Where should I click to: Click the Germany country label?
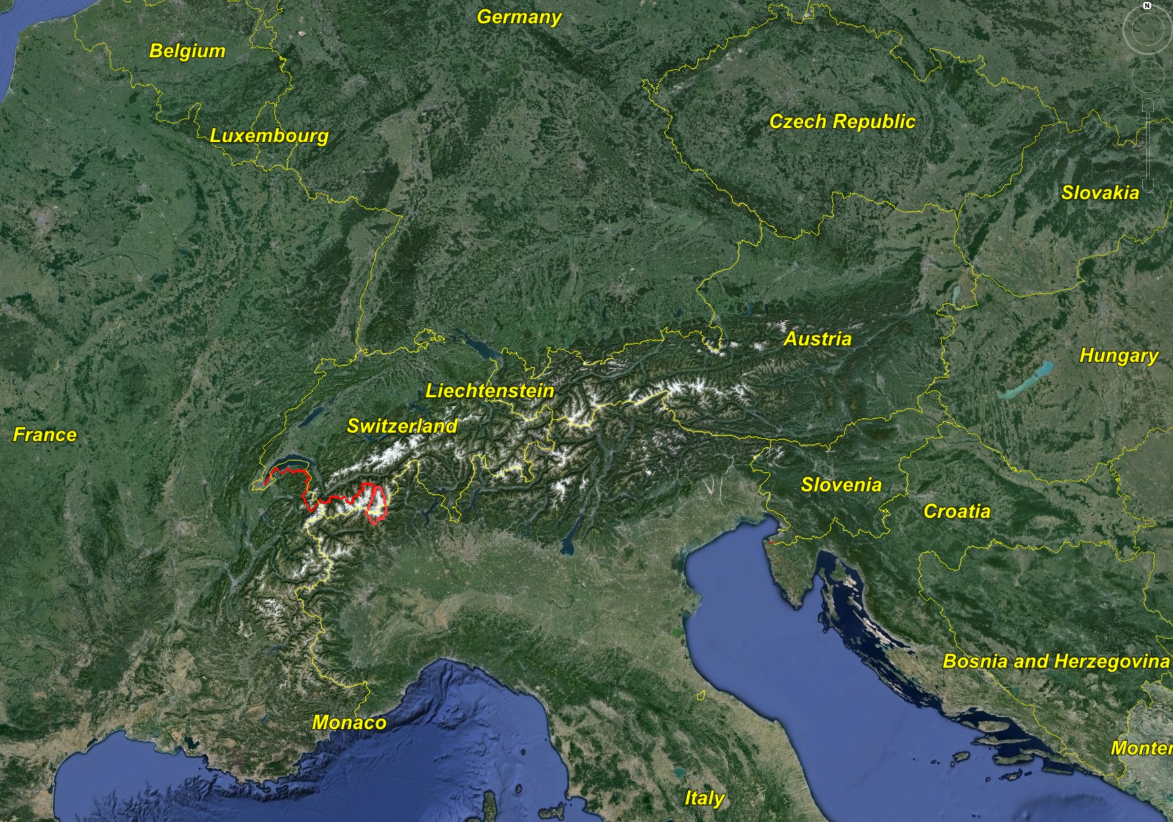click(519, 16)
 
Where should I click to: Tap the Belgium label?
click(187, 50)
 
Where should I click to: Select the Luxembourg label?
click(269, 136)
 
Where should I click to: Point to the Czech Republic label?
click(842, 121)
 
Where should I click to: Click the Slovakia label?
click(1100, 193)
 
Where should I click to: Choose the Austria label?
click(817, 339)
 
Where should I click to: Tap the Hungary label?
click(1119, 355)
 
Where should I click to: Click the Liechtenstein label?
click(490, 391)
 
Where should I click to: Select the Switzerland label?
click(401, 426)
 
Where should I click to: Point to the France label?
click(45, 435)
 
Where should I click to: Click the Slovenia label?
click(841, 484)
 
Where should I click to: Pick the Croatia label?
click(957, 511)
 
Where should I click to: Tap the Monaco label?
click(349, 722)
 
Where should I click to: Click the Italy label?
click(704, 798)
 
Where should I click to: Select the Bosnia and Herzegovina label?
click(1056, 661)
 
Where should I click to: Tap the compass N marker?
click(1147, 5)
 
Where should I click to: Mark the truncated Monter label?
click(1141, 748)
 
